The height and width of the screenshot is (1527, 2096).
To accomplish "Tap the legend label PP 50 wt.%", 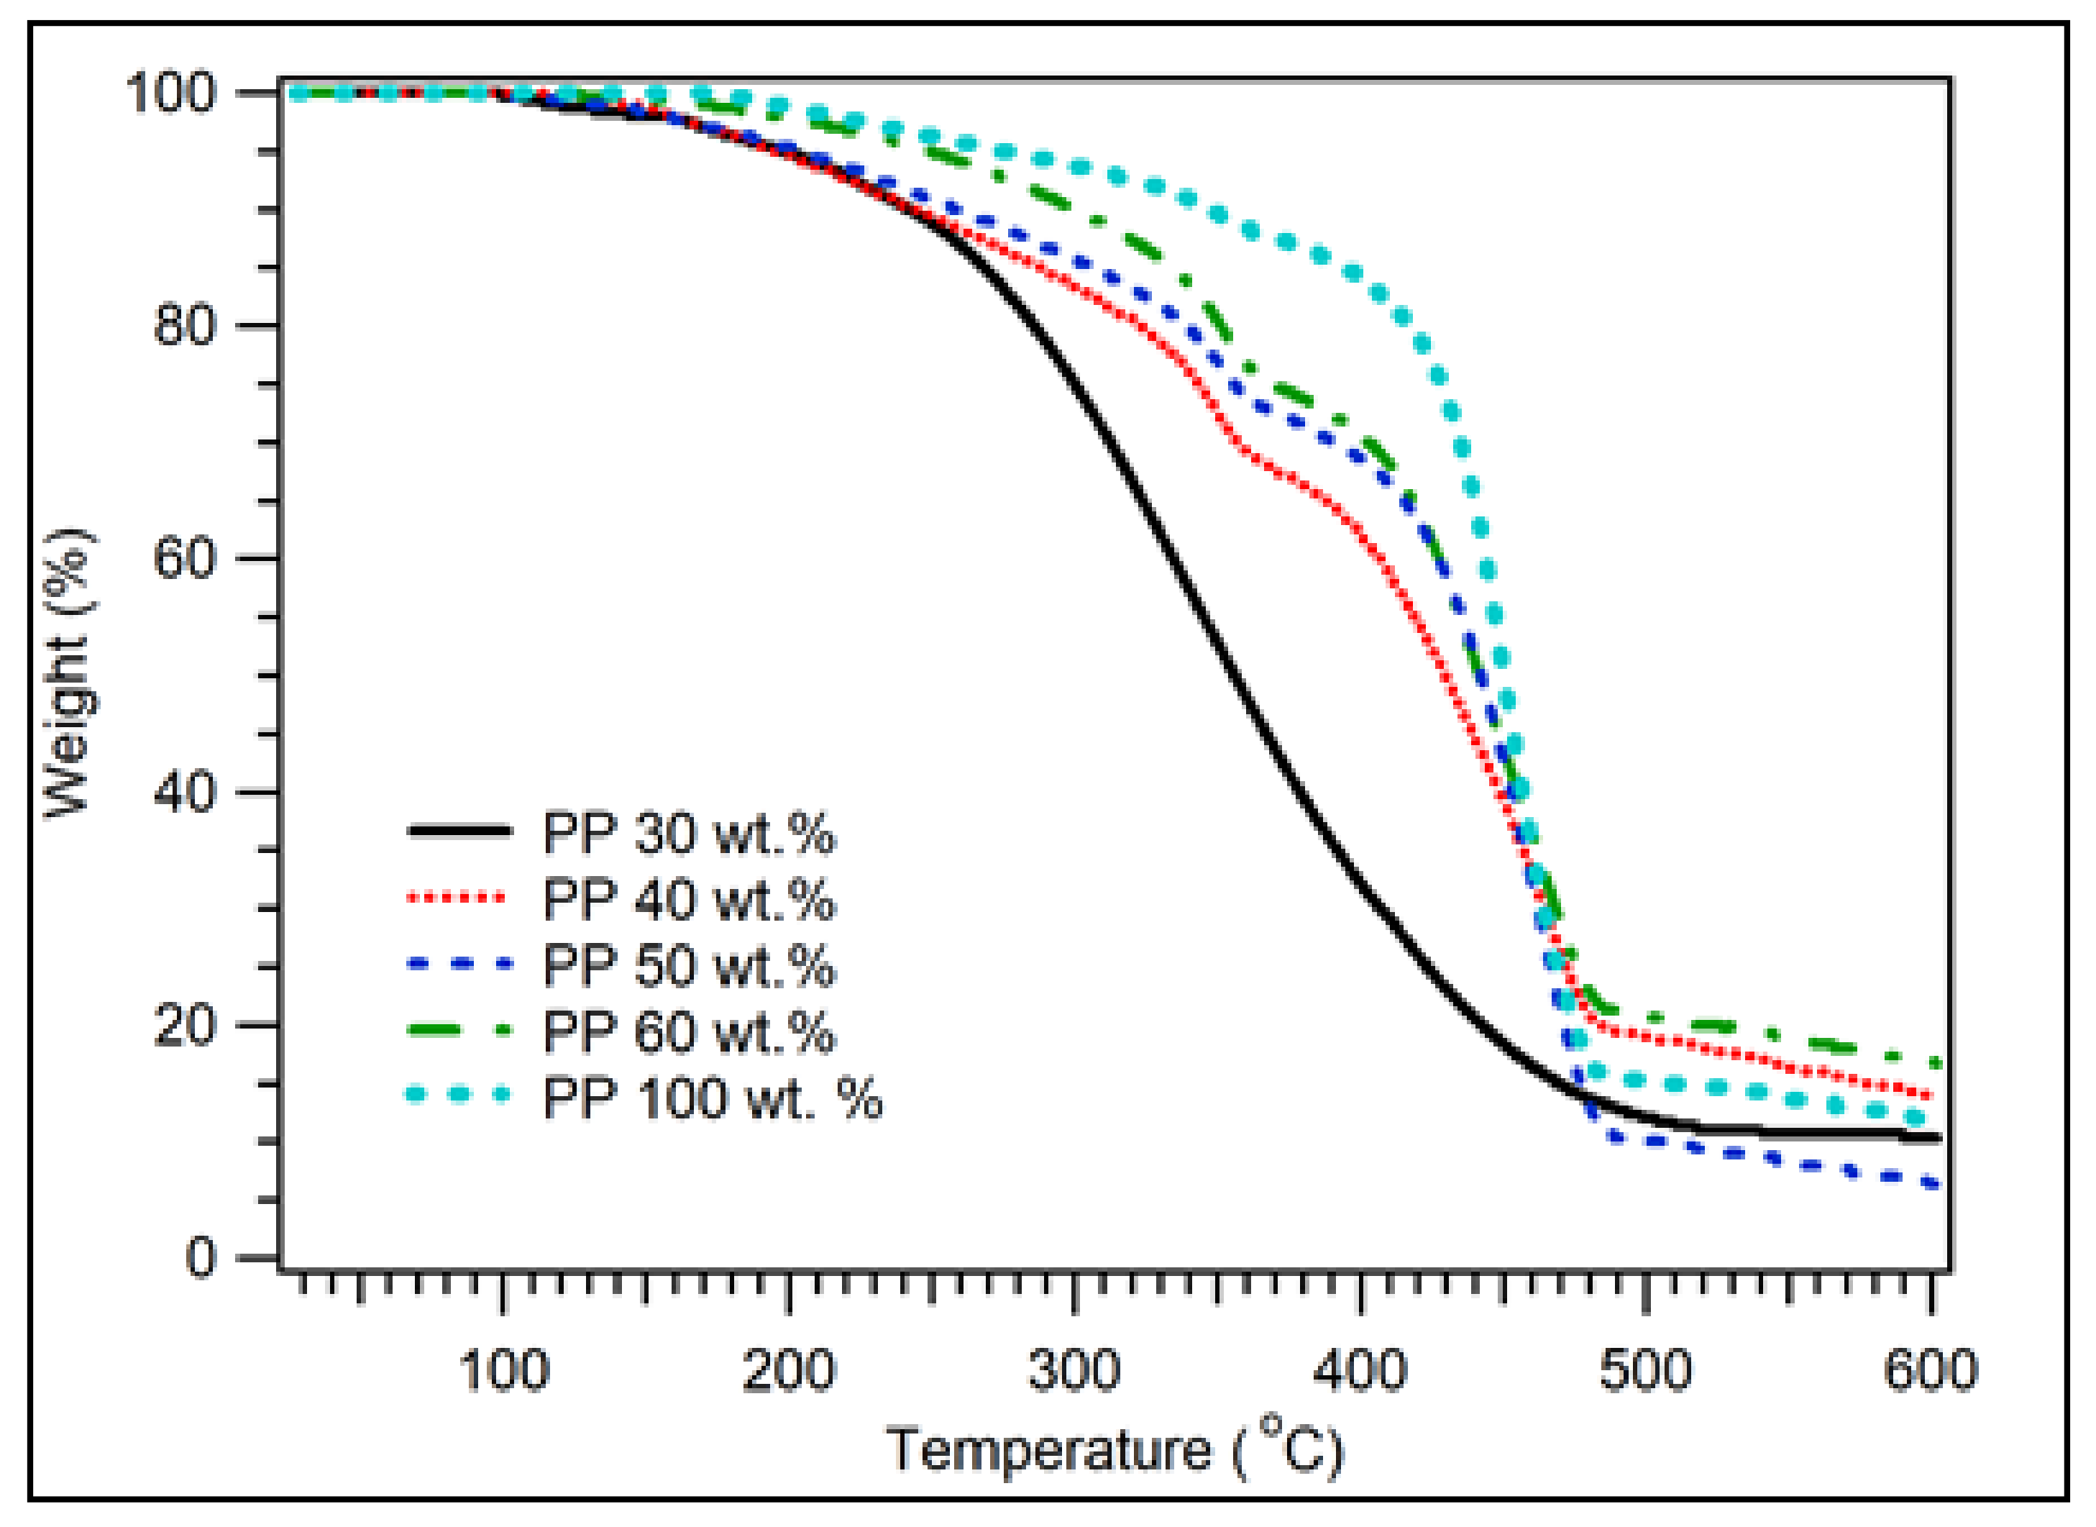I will (x=689, y=966).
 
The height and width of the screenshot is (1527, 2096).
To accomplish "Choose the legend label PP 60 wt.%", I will (x=689, y=1031).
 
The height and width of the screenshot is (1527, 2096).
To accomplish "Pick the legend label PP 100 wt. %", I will (x=713, y=1098).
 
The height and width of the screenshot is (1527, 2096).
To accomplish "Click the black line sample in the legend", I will (x=459, y=831).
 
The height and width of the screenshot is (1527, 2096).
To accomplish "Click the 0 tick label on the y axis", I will (x=201, y=1258).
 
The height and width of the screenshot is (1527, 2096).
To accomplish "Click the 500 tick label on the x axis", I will (x=1645, y=1371).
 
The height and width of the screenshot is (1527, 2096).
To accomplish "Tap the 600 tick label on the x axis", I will (x=1931, y=1371).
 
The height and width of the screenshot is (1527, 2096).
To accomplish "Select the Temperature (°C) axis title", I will (x=1114, y=1449).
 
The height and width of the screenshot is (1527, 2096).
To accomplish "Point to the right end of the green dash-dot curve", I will (x=1934, y=1063).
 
